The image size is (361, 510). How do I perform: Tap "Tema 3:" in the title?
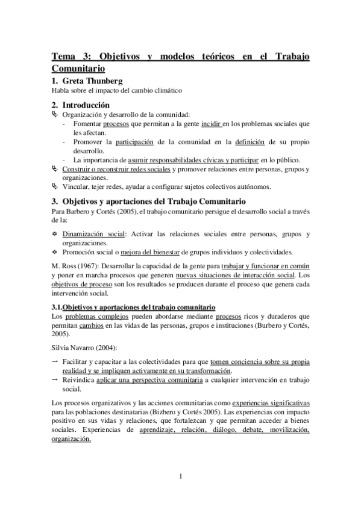click(x=72, y=57)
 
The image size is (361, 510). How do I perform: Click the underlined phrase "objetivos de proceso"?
click(x=78, y=284)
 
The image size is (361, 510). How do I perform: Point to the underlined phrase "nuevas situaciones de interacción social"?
click(x=239, y=275)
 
